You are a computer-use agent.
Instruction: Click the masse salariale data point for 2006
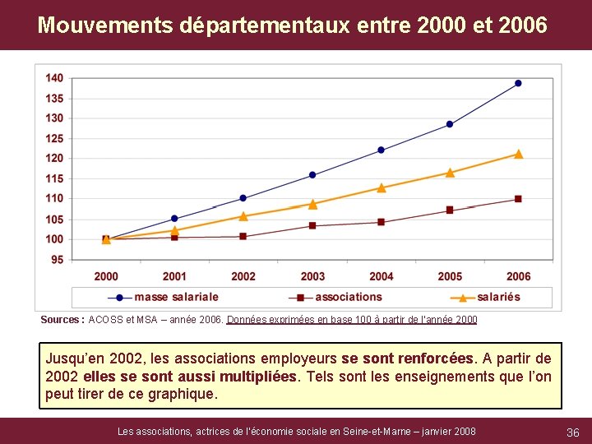coord(518,83)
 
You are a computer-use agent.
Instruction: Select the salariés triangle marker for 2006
coord(518,154)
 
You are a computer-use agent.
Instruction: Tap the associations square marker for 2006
coord(518,199)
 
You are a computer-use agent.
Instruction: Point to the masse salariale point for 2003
coord(312,175)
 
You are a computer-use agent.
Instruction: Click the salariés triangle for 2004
coord(381,187)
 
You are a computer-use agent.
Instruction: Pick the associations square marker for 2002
coord(243,236)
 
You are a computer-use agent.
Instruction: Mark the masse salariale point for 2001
coord(174,219)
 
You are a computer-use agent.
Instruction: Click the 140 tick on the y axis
coord(54,78)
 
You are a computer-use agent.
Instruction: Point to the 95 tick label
coord(57,260)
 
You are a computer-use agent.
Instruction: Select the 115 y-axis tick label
coord(54,178)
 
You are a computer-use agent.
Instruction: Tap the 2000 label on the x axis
coord(106,276)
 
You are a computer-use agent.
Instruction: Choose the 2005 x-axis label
coord(450,276)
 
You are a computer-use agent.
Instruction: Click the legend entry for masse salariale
coord(175,297)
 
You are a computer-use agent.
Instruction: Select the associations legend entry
coord(348,297)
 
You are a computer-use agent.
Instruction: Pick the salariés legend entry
coord(497,297)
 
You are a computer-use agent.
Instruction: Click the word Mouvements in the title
coord(105,25)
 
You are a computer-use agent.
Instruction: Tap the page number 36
coord(573,432)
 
